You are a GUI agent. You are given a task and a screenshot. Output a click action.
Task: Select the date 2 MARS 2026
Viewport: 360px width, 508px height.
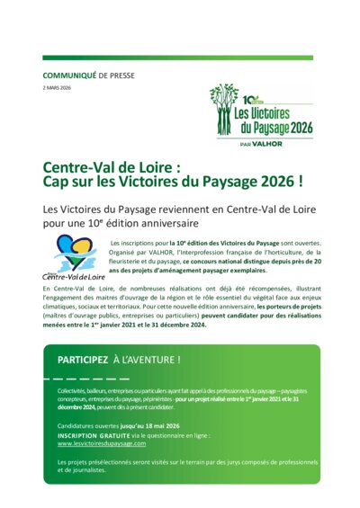[x=58, y=86]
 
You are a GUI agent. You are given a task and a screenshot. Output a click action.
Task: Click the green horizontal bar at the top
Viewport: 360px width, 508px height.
[x=179, y=58]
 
